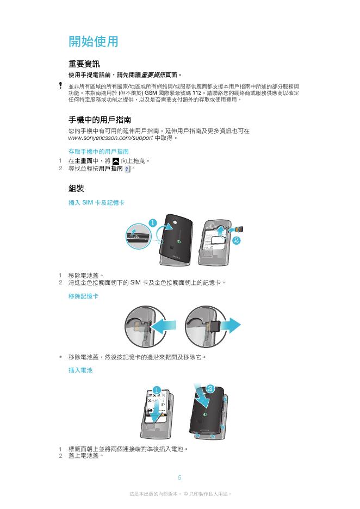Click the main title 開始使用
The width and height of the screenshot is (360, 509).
pos(93,41)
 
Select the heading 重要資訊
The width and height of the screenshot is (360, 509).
pos(84,64)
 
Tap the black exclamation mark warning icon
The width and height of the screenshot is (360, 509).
pos(60,85)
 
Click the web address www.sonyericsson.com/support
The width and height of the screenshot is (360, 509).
pos(110,138)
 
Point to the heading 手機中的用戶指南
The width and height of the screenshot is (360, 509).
pos(100,120)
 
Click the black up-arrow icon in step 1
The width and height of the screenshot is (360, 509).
pos(116,160)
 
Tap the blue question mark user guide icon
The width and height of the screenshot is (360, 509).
pos(127,169)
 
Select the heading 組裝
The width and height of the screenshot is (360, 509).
pos(76,188)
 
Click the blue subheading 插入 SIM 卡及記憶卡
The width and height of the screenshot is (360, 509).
pos(96,202)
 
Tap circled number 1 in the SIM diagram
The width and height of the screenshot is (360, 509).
pos(153,223)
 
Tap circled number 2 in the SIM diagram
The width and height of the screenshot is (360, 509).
pos(237,240)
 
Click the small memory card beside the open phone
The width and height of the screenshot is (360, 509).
pos(240,229)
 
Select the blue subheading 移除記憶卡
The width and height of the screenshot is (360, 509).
pos(83,296)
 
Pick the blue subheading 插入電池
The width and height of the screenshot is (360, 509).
pos(80,370)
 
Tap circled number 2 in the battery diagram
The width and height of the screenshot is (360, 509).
pos(210,389)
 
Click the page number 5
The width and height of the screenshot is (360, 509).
pos(179,477)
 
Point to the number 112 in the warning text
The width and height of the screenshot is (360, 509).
pos(197,93)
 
